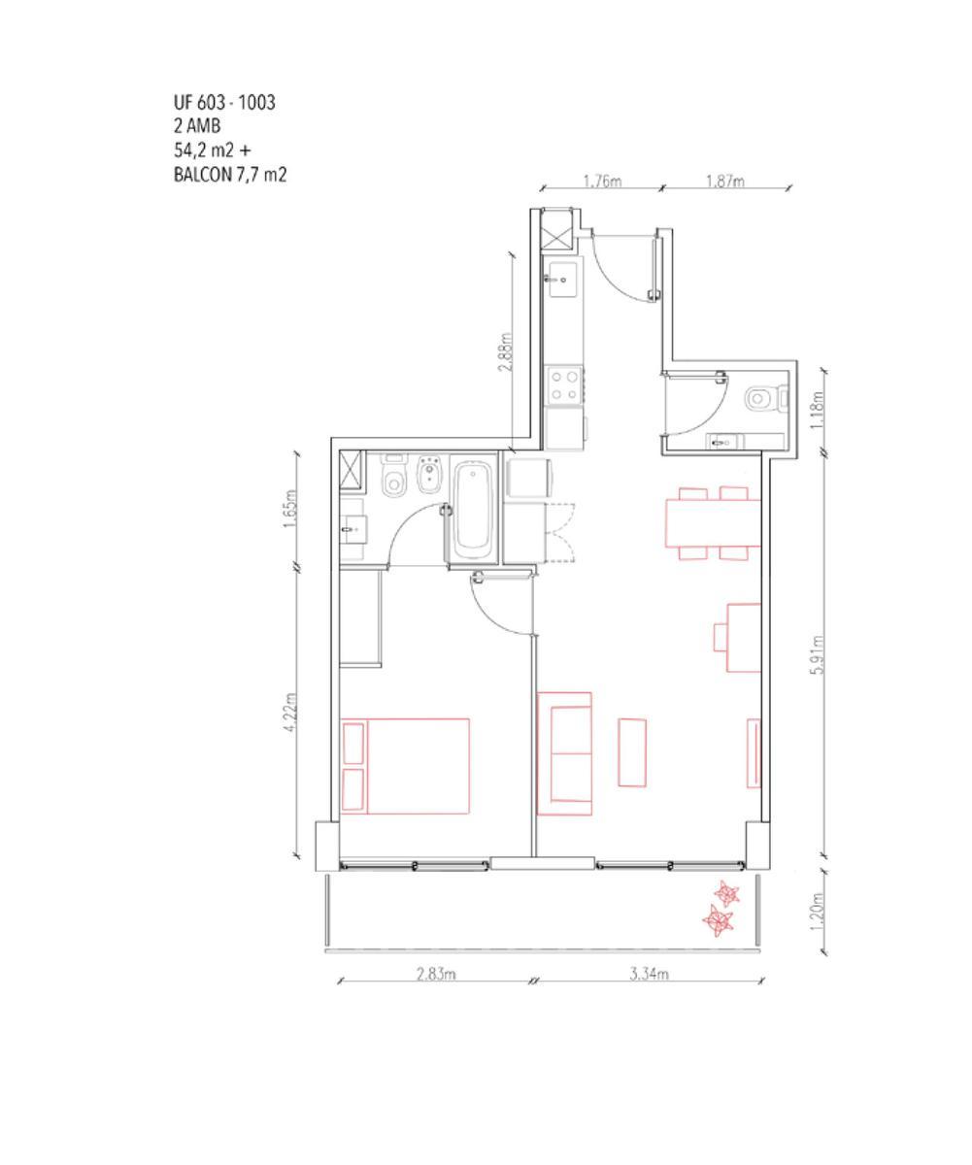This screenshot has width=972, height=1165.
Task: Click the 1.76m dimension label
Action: tap(602, 182)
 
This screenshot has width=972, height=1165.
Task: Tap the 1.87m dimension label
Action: tap(724, 182)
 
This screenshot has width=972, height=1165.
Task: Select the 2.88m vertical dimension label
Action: tap(506, 351)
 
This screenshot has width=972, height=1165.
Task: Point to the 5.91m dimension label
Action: tap(817, 654)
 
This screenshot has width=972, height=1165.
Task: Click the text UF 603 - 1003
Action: tap(224, 103)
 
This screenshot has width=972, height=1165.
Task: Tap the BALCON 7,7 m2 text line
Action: tap(230, 175)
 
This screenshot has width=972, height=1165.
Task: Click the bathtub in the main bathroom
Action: tap(473, 510)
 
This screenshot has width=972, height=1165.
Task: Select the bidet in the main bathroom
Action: tap(428, 477)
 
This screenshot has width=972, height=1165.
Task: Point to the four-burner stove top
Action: tap(564, 385)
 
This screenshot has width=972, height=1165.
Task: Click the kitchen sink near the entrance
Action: tap(562, 279)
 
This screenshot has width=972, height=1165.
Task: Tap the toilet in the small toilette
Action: tap(765, 399)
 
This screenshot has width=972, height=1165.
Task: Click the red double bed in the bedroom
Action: tap(405, 766)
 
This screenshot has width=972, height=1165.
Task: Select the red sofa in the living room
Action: tap(564, 753)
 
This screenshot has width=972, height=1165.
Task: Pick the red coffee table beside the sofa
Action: tap(632, 752)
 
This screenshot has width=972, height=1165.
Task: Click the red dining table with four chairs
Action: tap(713, 523)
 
